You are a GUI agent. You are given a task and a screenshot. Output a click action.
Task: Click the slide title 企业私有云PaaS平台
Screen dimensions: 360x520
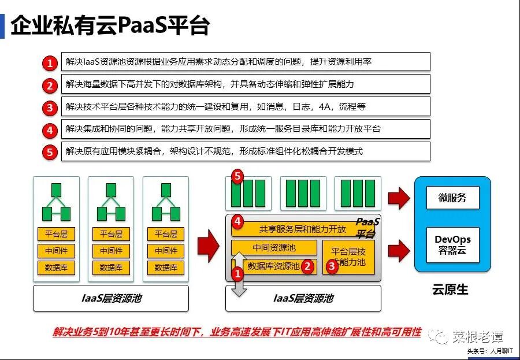click(110, 26)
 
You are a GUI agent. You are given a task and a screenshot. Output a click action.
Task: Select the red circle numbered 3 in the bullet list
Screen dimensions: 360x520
click(51, 107)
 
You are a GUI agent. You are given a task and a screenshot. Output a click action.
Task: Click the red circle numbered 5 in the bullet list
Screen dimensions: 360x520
click(51, 153)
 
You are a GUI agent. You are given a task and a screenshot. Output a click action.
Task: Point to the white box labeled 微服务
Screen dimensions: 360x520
click(453, 198)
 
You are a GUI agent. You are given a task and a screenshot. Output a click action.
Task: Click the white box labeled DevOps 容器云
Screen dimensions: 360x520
click(453, 245)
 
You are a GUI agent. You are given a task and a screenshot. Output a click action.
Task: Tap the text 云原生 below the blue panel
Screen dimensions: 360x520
click(450, 289)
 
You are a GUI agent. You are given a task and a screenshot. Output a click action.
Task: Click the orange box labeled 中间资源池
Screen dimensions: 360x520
click(274, 248)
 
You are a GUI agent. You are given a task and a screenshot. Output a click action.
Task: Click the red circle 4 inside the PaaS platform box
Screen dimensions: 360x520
click(237, 222)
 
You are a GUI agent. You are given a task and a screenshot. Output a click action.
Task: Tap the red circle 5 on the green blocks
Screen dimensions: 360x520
click(237, 177)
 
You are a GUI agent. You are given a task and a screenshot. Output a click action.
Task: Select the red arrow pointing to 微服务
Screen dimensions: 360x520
click(399, 198)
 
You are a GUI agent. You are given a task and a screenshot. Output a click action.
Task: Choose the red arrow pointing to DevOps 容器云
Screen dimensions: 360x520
click(399, 250)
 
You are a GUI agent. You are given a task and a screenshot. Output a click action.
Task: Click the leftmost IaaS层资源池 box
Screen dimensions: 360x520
click(111, 298)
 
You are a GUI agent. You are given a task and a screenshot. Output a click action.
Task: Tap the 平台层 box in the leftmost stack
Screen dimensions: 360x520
click(56, 234)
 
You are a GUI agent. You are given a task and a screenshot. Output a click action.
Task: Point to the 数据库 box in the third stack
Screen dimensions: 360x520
click(166, 268)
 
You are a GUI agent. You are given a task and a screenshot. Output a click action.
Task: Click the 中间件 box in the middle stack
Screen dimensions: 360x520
click(111, 251)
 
